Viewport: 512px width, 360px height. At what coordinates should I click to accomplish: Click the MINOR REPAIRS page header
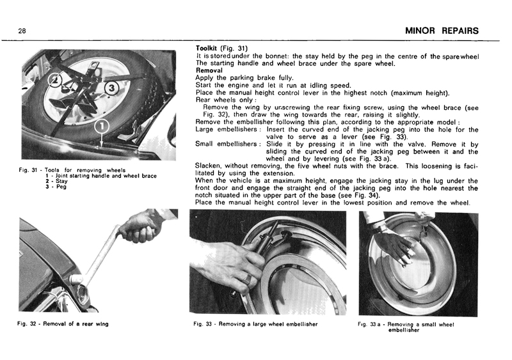click(442, 31)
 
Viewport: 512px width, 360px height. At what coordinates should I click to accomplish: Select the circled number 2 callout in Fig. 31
click(56, 80)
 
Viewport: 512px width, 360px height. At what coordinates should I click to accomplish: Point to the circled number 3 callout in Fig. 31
click(110, 87)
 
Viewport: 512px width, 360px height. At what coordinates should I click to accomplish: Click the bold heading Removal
click(209, 70)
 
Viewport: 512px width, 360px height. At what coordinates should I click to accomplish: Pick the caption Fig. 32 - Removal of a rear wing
click(63, 324)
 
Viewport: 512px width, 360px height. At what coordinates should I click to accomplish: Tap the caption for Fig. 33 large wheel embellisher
click(255, 324)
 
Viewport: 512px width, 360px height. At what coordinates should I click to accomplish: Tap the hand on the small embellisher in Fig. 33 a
click(395, 245)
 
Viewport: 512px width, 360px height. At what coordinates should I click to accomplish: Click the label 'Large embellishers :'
click(228, 130)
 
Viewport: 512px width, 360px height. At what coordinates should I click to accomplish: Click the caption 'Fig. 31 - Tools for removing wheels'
click(71, 170)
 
